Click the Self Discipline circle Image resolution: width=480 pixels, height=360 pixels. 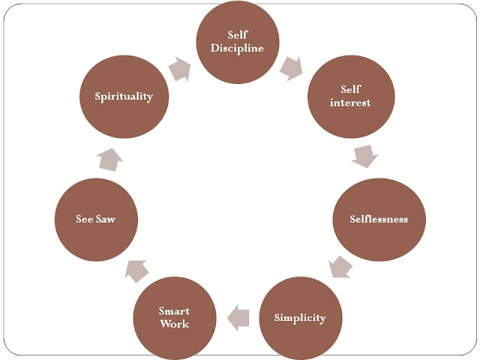(237, 43)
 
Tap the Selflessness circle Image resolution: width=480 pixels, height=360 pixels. (378, 219)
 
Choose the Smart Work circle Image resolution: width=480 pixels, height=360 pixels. (174, 317)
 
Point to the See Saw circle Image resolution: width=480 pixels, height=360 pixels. (94, 218)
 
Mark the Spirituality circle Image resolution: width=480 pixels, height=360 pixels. (124, 96)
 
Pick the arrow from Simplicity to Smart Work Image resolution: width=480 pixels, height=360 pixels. (238, 316)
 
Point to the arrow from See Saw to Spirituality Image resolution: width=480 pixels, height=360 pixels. (109, 158)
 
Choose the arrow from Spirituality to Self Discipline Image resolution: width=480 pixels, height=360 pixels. (181, 68)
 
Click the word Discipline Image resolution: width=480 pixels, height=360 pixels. (237, 49)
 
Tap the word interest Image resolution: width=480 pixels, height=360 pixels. (350, 103)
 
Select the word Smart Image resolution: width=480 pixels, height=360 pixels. (174, 311)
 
